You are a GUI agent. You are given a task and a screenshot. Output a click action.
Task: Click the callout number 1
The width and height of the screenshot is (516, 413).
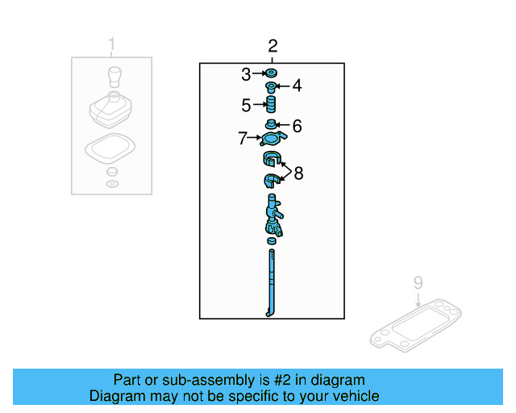coord(112,44)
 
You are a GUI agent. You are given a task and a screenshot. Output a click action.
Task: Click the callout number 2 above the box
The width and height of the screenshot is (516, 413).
coord(273,46)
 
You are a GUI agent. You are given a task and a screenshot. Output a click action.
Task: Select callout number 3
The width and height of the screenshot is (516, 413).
coord(246,75)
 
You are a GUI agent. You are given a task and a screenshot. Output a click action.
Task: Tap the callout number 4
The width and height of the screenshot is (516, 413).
coord(296,86)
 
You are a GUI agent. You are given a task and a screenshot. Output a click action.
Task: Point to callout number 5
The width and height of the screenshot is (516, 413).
coord(246,105)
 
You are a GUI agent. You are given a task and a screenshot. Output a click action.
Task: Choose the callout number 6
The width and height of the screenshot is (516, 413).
coord(296,126)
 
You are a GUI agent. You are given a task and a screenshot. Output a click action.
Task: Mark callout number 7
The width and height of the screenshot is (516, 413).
coord(243,139)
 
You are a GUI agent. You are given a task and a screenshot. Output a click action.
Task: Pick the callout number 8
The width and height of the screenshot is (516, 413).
coord(298,173)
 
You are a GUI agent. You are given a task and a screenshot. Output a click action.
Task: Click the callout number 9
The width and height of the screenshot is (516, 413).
coord(418,283)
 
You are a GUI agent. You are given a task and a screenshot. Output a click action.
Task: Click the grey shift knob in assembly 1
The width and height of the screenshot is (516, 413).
coord(112,78)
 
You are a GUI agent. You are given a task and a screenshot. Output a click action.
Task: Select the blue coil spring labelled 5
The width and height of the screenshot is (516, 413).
coord(273,106)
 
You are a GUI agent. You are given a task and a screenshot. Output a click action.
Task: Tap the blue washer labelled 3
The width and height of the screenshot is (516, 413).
coord(272,75)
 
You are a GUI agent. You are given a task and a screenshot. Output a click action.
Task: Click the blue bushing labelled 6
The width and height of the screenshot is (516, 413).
coord(273,125)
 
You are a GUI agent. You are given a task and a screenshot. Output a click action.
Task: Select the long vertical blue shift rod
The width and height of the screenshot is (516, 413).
coord(272,282)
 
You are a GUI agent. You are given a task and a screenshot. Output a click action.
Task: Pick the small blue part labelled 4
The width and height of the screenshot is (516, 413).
coord(273,86)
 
